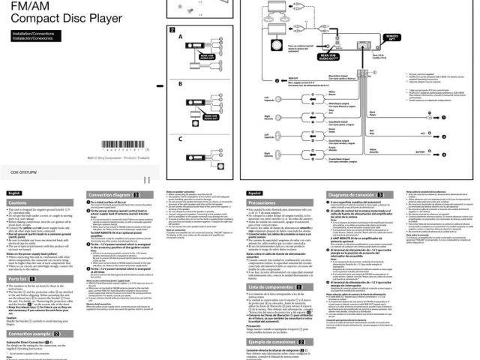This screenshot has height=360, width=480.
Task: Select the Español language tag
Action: [256, 193]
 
